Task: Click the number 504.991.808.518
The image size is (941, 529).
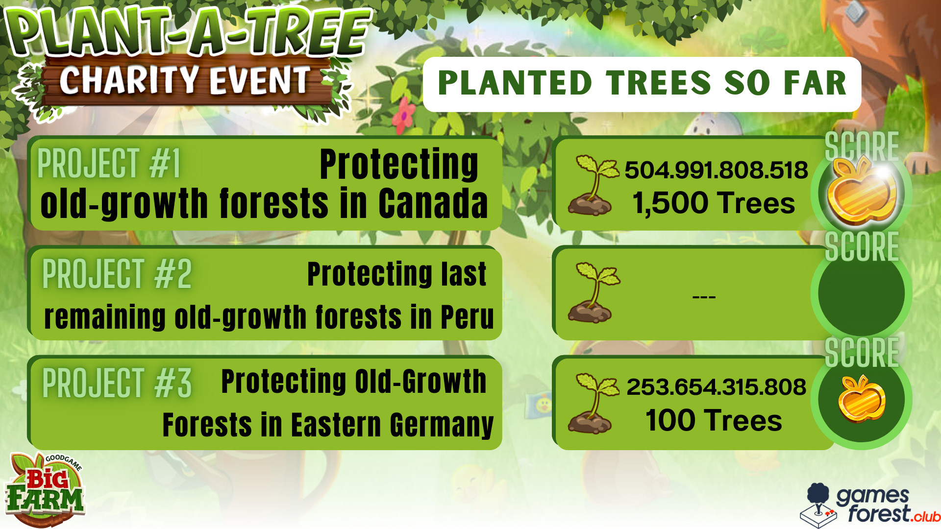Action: tap(716, 170)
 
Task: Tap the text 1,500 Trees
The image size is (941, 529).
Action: tap(714, 203)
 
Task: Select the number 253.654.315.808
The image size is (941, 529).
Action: tap(716, 387)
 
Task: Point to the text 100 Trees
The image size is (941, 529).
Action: tap(714, 420)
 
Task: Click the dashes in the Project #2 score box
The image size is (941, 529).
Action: tap(704, 296)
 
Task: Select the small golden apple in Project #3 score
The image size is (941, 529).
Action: tap(862, 399)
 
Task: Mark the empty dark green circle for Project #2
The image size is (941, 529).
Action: tap(861, 293)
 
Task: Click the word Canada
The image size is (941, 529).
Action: tap(433, 203)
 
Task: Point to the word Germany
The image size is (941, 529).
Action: tap(442, 425)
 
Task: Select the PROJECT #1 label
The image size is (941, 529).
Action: tap(109, 164)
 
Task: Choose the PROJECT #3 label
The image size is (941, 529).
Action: tap(117, 383)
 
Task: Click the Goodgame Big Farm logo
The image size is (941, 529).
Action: tap(45, 489)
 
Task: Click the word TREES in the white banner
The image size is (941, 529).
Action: tap(658, 83)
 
